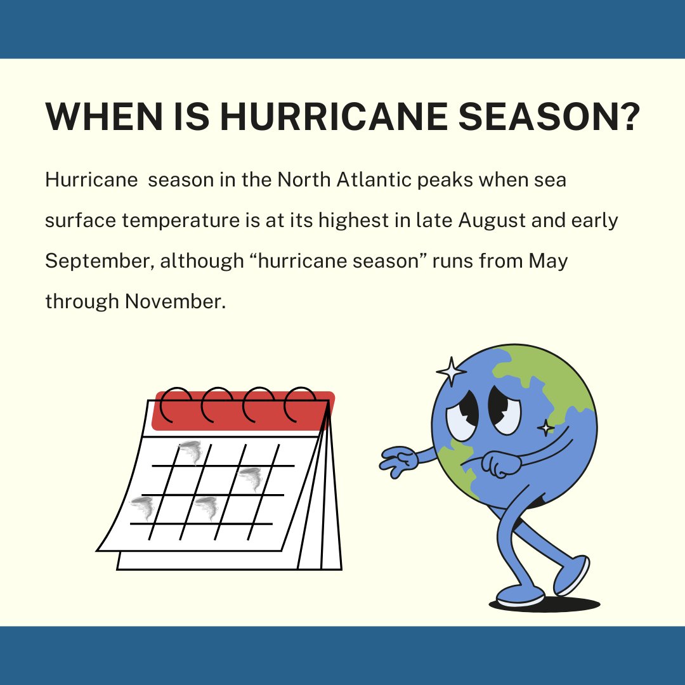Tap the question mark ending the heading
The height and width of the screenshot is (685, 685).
[x=625, y=117]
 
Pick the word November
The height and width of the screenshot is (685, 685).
[x=174, y=302]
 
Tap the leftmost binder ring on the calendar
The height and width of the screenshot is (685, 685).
[x=175, y=406]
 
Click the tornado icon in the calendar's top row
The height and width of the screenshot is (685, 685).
[x=191, y=452]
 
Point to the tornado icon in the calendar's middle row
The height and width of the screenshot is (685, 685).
[x=250, y=479]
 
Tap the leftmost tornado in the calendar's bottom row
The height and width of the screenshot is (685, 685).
[x=142, y=508]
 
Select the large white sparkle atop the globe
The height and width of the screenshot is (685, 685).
[x=451, y=371]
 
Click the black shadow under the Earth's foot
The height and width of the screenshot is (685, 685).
[x=545, y=604]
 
